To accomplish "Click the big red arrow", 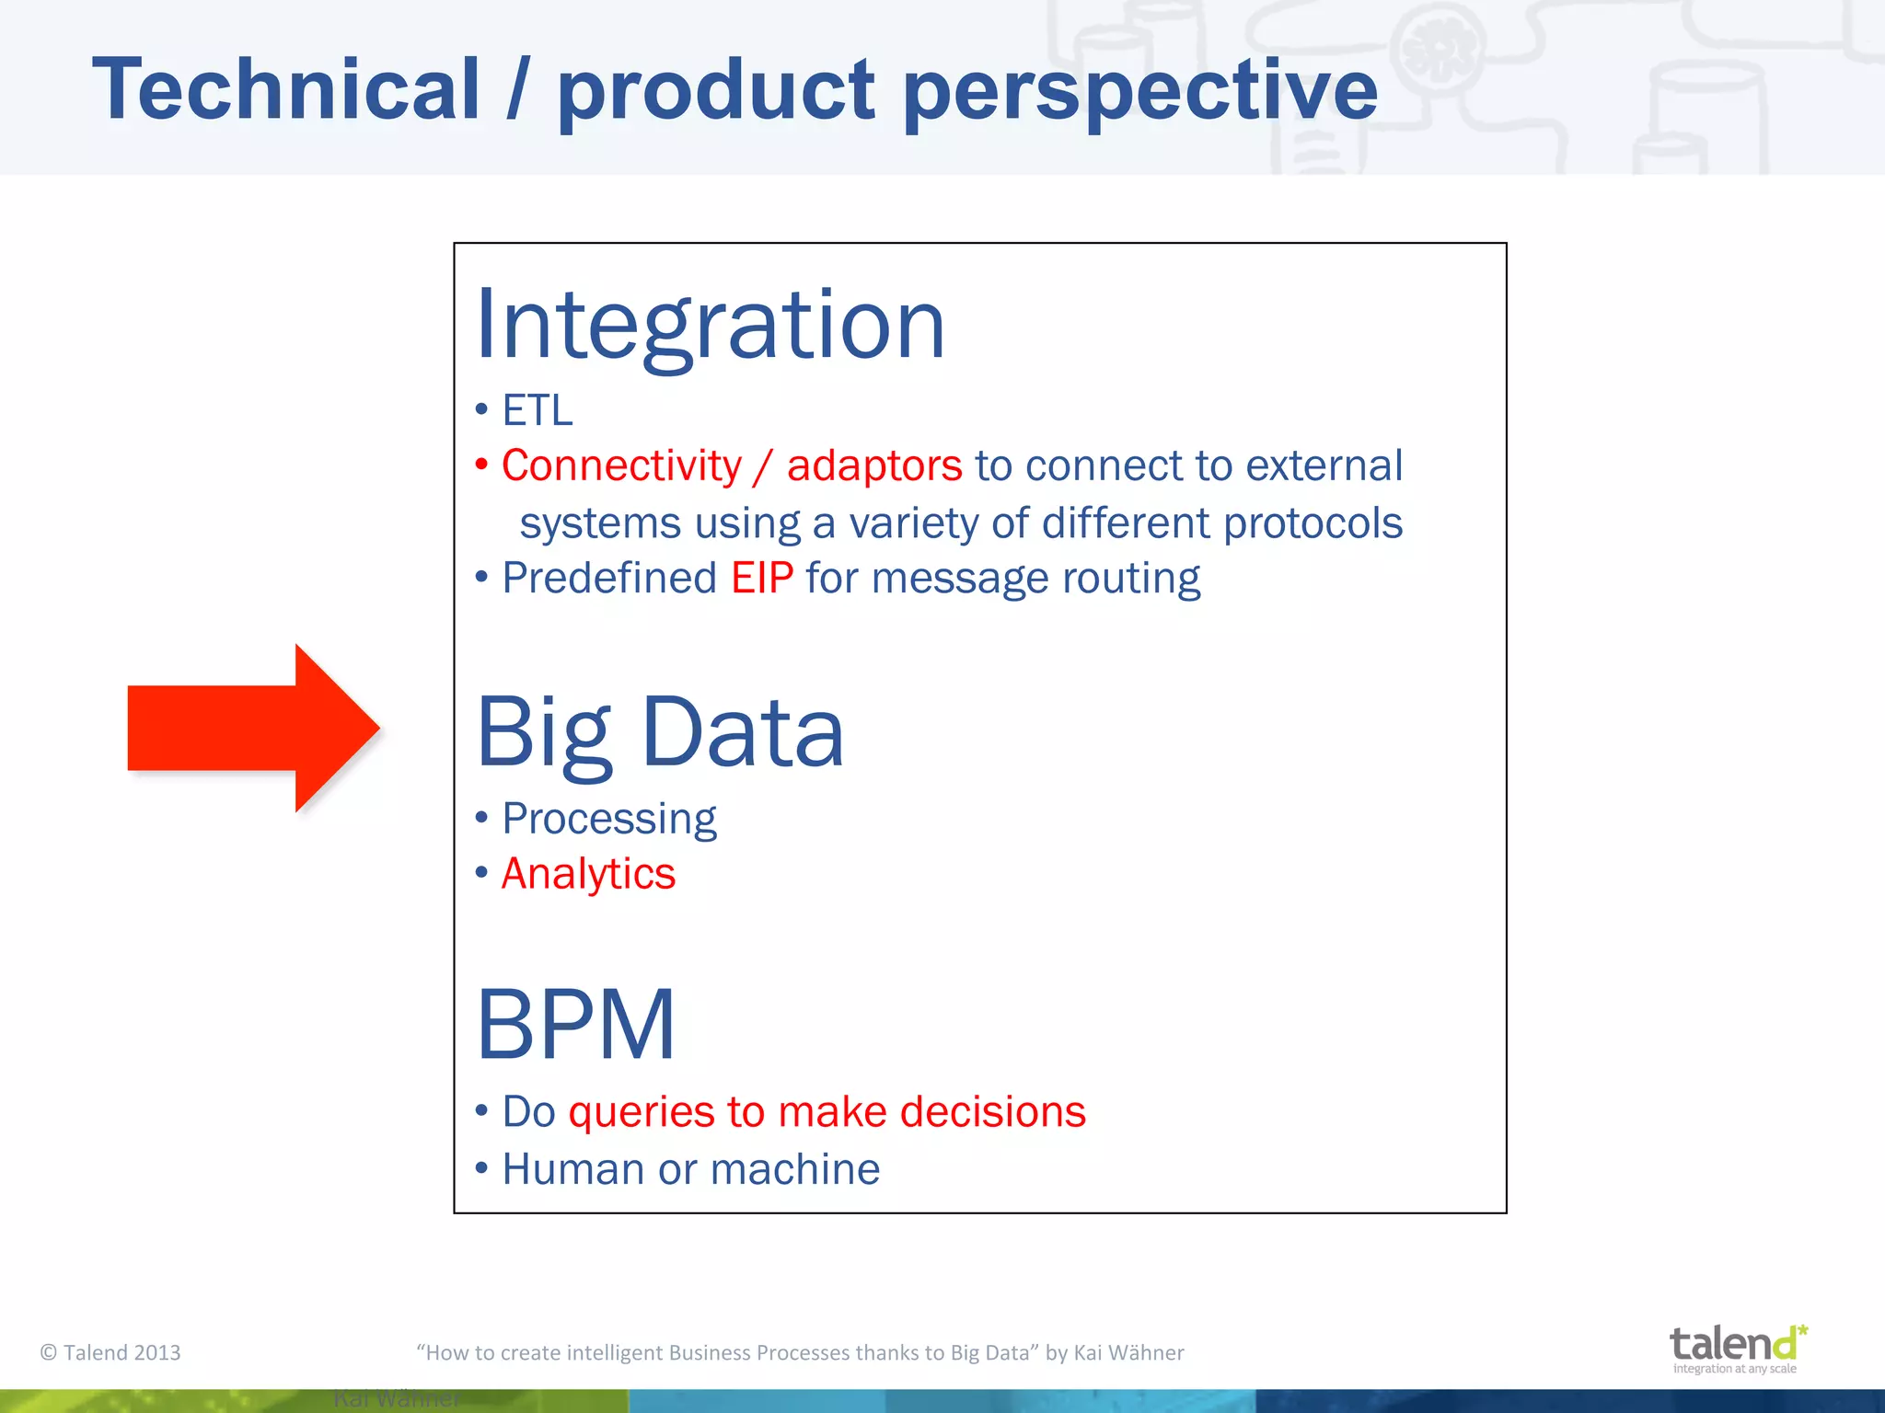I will click(x=249, y=728).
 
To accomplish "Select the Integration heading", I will click(x=710, y=325).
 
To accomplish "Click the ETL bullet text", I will click(x=538, y=410).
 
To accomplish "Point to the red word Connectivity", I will click(x=621, y=465).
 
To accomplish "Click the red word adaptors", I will click(x=874, y=465).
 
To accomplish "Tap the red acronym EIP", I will click(x=762, y=579).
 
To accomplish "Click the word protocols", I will click(x=1313, y=523).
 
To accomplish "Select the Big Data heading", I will click(x=660, y=732).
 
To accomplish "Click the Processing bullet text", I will click(x=608, y=819).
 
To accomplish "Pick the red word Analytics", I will click(x=588, y=874).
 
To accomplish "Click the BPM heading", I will click(x=576, y=1024).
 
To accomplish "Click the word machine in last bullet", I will click(x=795, y=1169).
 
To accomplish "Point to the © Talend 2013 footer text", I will click(x=110, y=1352).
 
